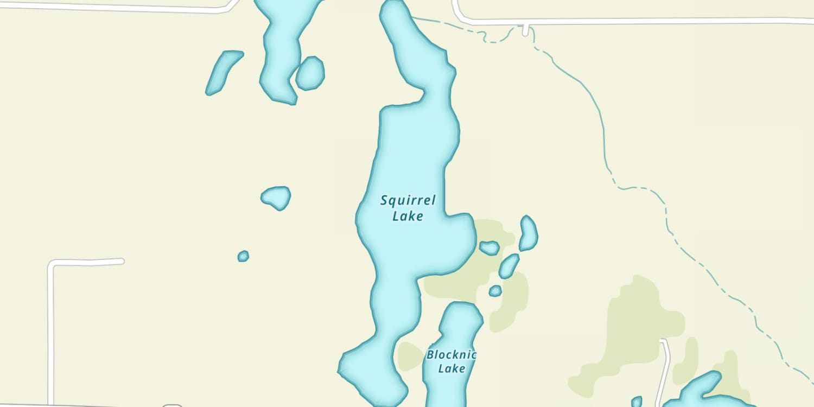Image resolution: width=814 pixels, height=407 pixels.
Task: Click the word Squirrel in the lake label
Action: pyautogui.click(x=408, y=201)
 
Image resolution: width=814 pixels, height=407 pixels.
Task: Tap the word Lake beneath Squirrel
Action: pyautogui.click(x=408, y=216)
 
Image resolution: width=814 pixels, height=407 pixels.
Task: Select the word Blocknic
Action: pyautogui.click(x=451, y=355)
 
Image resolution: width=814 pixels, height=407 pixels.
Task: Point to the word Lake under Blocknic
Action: pyautogui.click(x=451, y=368)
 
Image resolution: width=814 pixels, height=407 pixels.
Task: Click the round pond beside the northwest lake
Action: pyautogui.click(x=310, y=73)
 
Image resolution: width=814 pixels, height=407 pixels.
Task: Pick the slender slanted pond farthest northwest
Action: pyautogui.click(x=223, y=72)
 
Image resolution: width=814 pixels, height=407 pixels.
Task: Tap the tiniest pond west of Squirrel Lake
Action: pyautogui.click(x=243, y=256)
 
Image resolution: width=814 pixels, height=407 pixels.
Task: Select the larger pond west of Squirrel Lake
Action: pyautogui.click(x=276, y=198)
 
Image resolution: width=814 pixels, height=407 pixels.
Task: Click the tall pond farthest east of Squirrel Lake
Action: pyautogui.click(x=528, y=233)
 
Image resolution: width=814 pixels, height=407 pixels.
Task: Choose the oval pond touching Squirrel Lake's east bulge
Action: pyautogui.click(x=489, y=248)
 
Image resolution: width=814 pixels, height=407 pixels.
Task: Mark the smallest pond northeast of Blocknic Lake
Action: pyautogui.click(x=495, y=291)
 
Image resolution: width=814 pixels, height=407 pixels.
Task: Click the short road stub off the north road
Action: pyautogui.click(x=525, y=30)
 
